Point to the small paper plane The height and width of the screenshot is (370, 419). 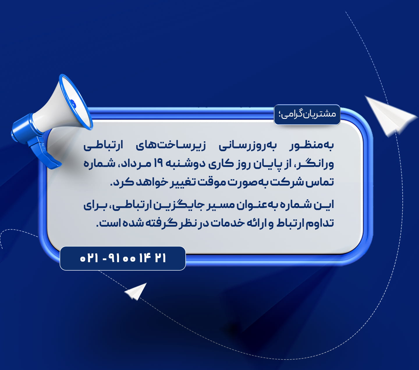(x=136, y=291)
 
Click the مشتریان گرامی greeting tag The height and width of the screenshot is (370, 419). (x=307, y=114)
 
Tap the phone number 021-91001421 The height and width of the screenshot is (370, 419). (x=123, y=258)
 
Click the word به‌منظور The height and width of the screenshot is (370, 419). (x=311, y=146)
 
